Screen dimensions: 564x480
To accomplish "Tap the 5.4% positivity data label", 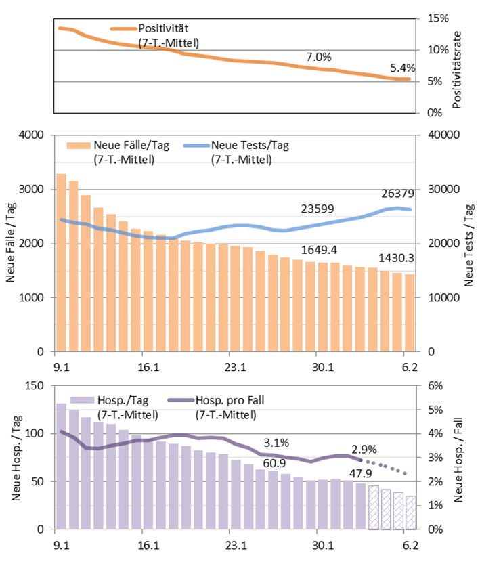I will click(402, 68).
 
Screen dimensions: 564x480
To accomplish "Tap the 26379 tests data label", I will click(398, 193).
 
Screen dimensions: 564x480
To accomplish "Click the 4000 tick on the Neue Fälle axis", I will click(31, 135).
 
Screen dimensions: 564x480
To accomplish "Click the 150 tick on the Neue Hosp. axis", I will click(34, 386).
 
